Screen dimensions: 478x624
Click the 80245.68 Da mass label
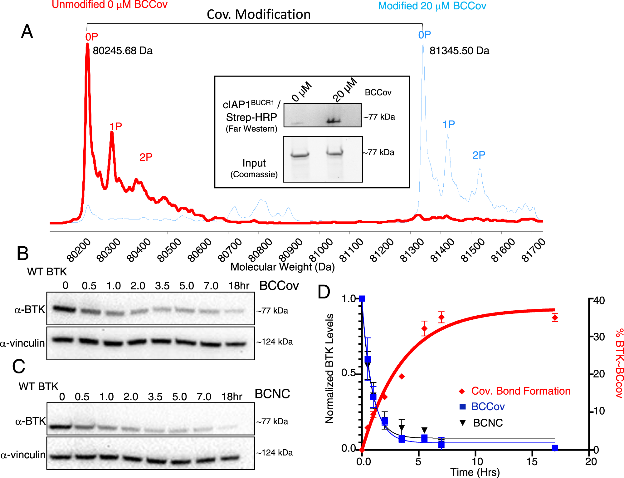pos(122,51)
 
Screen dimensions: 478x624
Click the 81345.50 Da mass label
pos(459,51)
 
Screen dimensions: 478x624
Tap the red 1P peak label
pos(116,126)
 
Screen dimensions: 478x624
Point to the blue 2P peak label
pos(479,155)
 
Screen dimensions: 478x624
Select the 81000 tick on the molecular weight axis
pos(321,250)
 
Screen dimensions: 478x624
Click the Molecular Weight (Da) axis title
pos(282,267)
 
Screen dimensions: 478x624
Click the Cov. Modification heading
pos(259,14)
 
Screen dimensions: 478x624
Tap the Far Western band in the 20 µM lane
pos(334,121)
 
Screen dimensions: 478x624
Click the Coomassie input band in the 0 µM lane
pos(300,155)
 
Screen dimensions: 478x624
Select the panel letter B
pos(22,253)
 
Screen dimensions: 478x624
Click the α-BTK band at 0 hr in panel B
pos(64,309)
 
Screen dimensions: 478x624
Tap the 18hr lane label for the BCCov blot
pos(239,286)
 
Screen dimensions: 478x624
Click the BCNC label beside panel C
pos(272,394)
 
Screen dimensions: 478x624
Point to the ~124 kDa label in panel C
pos(275,453)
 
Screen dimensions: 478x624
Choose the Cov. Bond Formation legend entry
pos(520,391)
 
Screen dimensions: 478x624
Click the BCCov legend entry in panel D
pos(488,407)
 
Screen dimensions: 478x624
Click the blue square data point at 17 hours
pos(555,448)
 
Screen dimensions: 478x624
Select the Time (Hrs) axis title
pos(475,472)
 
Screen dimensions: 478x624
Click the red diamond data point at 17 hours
pos(555,318)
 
